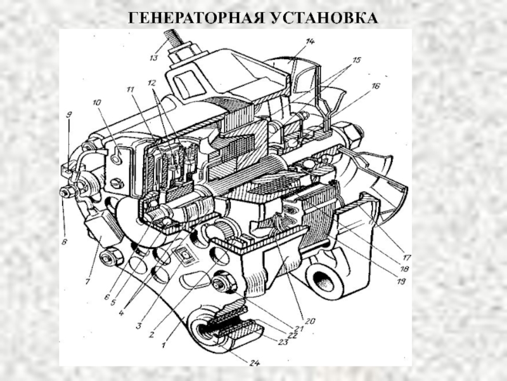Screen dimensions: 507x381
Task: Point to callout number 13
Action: click(x=153, y=58)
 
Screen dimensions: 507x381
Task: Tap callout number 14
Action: click(x=310, y=41)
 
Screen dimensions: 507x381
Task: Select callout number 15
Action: click(x=356, y=60)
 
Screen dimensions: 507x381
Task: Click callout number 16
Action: click(x=375, y=86)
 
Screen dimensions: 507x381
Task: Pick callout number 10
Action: click(x=97, y=103)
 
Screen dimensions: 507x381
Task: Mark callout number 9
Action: click(x=69, y=114)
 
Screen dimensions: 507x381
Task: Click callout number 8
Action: click(x=65, y=242)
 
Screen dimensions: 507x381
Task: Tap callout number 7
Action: click(x=87, y=282)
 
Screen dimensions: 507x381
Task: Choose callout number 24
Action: click(x=255, y=363)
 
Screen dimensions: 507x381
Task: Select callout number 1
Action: click(x=164, y=345)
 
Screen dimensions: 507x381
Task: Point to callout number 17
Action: click(x=406, y=258)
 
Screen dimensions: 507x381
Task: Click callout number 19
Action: click(x=401, y=281)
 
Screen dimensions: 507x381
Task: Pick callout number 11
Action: click(x=131, y=89)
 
